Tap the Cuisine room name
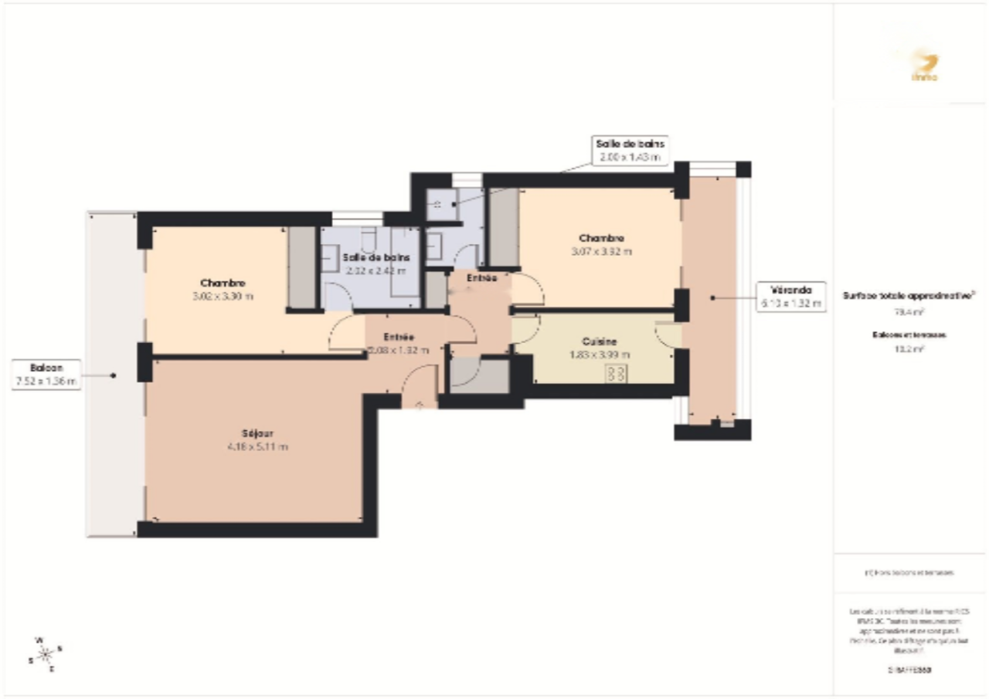[599, 341]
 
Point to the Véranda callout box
[781, 297]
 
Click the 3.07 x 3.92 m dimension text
[601, 251]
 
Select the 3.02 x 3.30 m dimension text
[223, 296]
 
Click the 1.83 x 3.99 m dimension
[599, 355]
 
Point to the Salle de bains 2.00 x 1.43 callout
[630, 150]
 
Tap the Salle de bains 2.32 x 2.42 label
[377, 263]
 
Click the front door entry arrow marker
[419, 404]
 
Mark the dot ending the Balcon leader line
[113, 375]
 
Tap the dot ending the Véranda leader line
[712, 297]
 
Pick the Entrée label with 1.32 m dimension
[398, 343]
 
